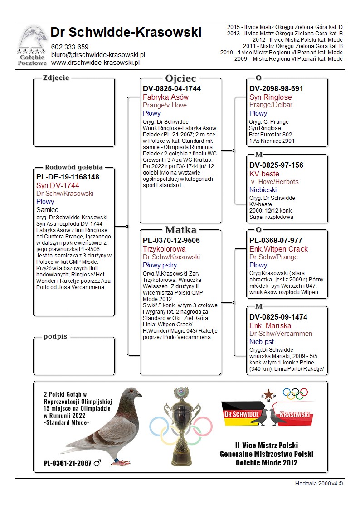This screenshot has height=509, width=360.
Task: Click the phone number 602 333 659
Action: click(70, 47)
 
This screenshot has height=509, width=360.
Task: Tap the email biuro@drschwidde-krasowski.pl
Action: click(98, 55)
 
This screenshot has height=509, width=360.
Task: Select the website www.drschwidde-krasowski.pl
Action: click(95, 63)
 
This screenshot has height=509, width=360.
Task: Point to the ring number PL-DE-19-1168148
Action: click(68, 177)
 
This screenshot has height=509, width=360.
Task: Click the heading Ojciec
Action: click(180, 78)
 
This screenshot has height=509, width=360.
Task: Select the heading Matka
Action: click(180, 230)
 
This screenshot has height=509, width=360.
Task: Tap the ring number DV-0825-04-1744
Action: click(172, 89)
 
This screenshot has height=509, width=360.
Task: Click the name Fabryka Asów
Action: click(165, 97)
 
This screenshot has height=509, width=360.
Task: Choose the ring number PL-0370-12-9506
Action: click(171, 240)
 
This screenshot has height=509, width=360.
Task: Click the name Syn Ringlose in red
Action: click(271, 97)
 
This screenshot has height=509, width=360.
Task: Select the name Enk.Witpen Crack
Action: click(278, 249)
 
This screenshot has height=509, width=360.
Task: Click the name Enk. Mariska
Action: click(270, 326)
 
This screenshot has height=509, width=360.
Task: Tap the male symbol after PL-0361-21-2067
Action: click(97, 463)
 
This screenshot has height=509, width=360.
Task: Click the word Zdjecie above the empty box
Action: click(56, 78)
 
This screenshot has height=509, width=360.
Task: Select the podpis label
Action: click(55, 337)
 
